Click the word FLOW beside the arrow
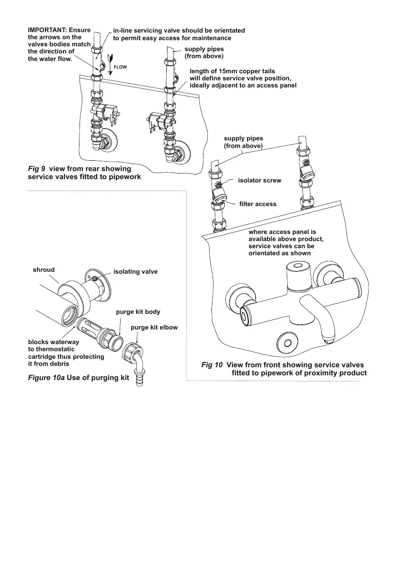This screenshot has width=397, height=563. [120, 67]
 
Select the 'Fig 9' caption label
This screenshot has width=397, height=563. [37, 169]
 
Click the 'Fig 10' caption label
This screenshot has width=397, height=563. [212, 365]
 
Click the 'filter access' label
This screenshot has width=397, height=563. [258, 204]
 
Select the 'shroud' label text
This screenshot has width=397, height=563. [44, 270]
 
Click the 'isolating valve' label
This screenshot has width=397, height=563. [135, 272]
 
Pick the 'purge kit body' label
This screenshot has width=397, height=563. [138, 312]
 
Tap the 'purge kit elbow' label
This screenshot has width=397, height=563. [154, 327]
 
